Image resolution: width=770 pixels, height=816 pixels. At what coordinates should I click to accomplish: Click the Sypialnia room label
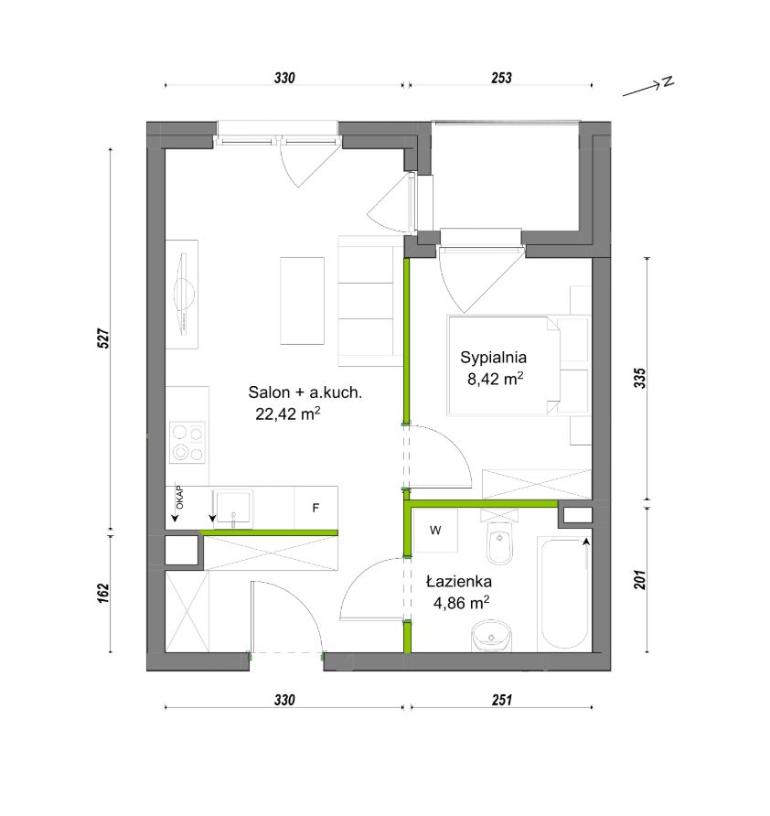(x=493, y=358)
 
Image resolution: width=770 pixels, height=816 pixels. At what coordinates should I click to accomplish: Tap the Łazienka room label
(x=459, y=581)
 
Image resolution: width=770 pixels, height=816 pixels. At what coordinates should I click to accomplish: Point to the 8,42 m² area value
(x=496, y=379)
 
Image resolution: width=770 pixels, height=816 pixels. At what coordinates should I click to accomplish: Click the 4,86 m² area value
(x=461, y=603)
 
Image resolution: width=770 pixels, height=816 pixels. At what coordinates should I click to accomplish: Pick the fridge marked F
(x=315, y=508)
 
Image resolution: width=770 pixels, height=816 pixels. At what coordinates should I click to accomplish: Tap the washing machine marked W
(x=435, y=531)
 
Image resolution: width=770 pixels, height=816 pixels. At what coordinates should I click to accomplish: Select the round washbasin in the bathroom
(x=492, y=636)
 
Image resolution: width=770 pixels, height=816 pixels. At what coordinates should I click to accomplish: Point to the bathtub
(x=564, y=594)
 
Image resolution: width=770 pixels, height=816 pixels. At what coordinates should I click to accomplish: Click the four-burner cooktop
(x=187, y=443)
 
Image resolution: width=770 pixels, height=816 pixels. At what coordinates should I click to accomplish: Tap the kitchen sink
(x=232, y=509)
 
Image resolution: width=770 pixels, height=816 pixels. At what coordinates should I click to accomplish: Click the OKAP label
(x=180, y=498)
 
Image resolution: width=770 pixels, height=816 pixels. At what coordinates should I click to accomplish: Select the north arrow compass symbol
(x=648, y=88)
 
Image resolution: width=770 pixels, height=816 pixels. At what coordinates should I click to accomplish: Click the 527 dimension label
(x=104, y=338)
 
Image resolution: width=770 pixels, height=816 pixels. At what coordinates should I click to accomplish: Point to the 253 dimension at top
(x=501, y=78)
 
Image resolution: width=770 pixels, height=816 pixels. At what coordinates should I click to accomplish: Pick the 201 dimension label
(x=640, y=580)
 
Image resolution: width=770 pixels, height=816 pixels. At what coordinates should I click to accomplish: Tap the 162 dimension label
(x=104, y=594)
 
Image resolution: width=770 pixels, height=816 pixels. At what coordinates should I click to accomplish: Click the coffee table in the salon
(x=303, y=300)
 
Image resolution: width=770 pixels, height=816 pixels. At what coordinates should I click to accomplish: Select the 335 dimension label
(x=640, y=379)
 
